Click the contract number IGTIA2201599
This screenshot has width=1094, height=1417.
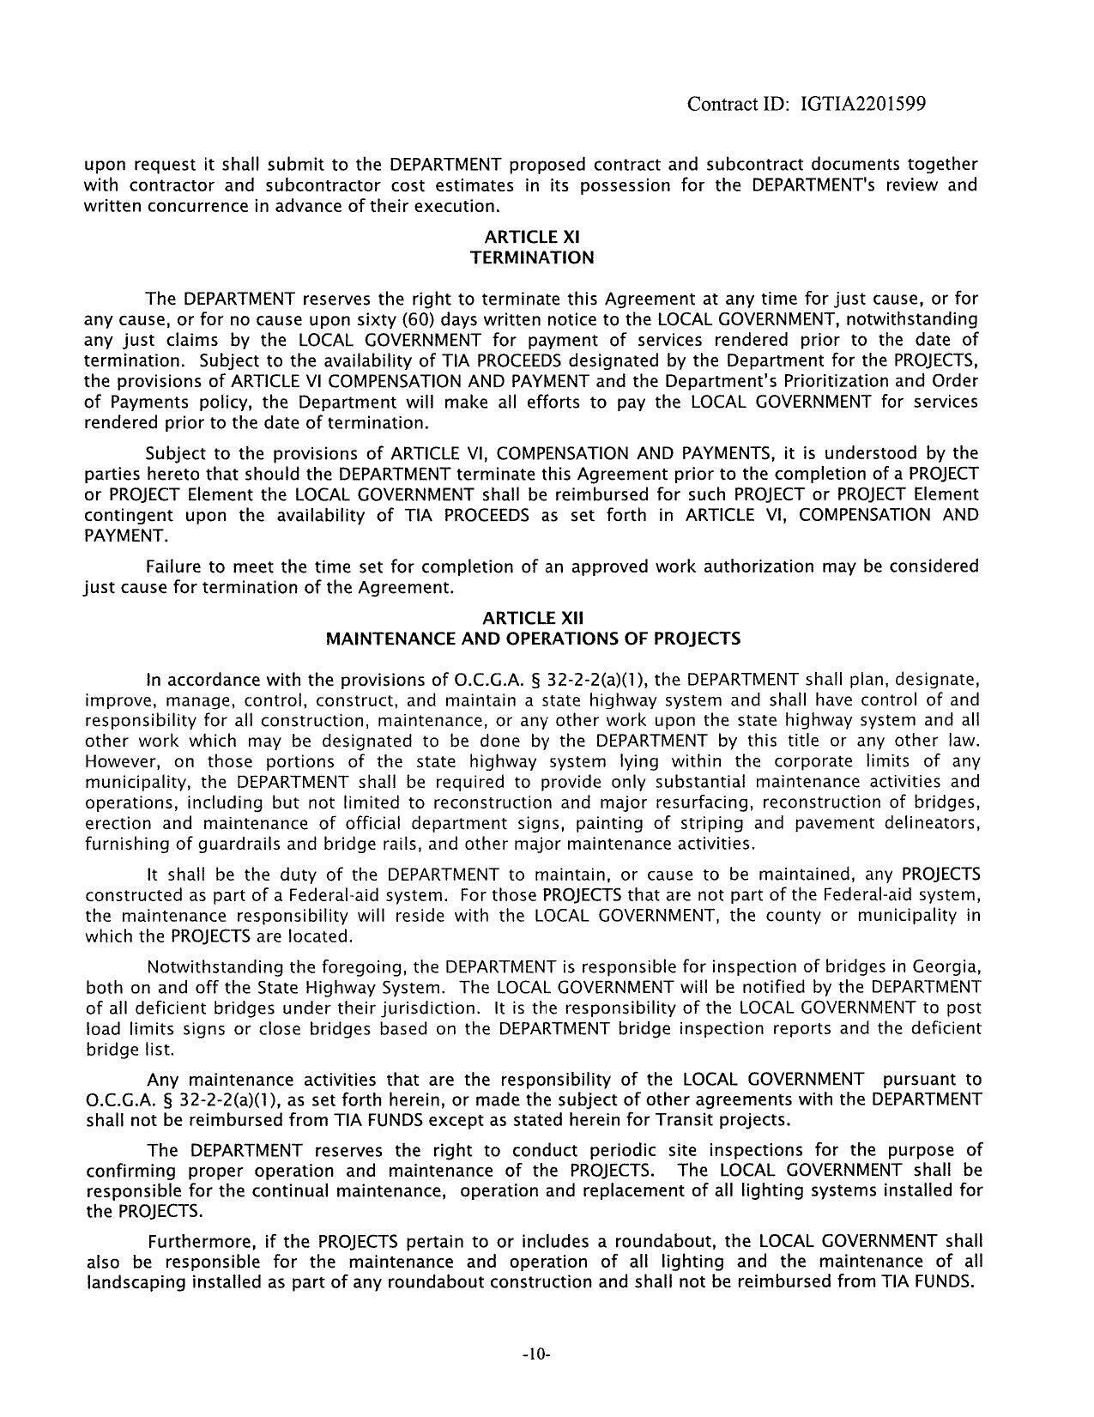point(862,105)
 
